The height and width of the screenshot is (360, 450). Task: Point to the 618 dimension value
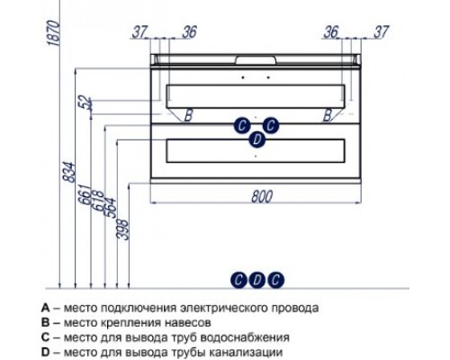96,206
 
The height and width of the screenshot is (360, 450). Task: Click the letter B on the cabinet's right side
328,114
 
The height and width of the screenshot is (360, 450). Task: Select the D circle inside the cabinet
256,139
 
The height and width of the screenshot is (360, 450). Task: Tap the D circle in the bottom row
256,280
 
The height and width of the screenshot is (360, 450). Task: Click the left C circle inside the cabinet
242,124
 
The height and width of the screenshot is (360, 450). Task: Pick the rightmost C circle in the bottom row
275,280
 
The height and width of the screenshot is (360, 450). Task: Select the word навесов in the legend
188,322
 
